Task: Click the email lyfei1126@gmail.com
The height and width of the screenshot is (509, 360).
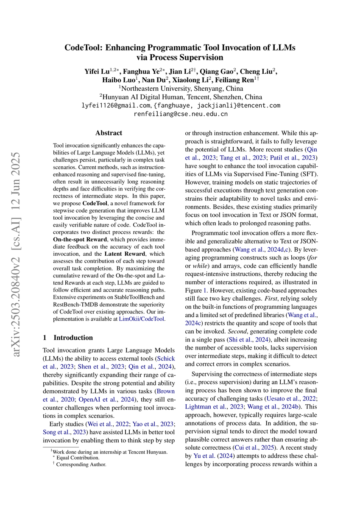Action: click(115, 105)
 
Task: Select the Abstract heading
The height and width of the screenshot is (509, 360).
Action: click(109, 133)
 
